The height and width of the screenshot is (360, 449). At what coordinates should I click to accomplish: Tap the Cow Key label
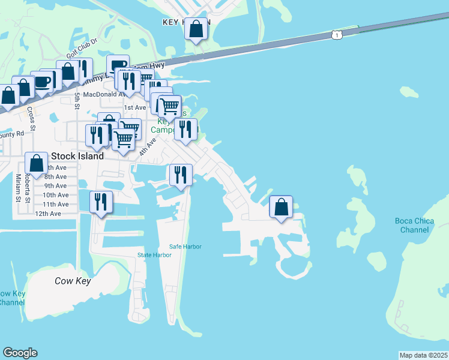click(72, 280)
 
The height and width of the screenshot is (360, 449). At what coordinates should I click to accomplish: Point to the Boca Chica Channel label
click(415, 225)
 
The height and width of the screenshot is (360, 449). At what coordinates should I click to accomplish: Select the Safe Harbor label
click(185, 247)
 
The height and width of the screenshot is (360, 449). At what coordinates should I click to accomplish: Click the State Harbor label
click(154, 255)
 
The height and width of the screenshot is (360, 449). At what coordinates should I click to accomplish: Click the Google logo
click(20, 353)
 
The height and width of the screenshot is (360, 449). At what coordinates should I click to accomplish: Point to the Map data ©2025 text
click(423, 355)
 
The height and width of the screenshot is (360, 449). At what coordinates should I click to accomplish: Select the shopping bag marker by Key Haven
click(196, 29)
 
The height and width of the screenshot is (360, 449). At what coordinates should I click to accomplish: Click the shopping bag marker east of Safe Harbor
click(281, 207)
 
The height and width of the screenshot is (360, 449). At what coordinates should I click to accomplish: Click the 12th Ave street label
click(48, 214)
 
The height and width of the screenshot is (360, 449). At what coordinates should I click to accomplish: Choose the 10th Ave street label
click(55, 195)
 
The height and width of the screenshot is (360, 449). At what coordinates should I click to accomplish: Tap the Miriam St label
click(19, 187)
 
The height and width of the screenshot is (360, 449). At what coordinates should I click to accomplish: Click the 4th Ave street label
click(148, 148)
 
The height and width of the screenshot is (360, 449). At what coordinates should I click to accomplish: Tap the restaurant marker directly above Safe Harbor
click(181, 175)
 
